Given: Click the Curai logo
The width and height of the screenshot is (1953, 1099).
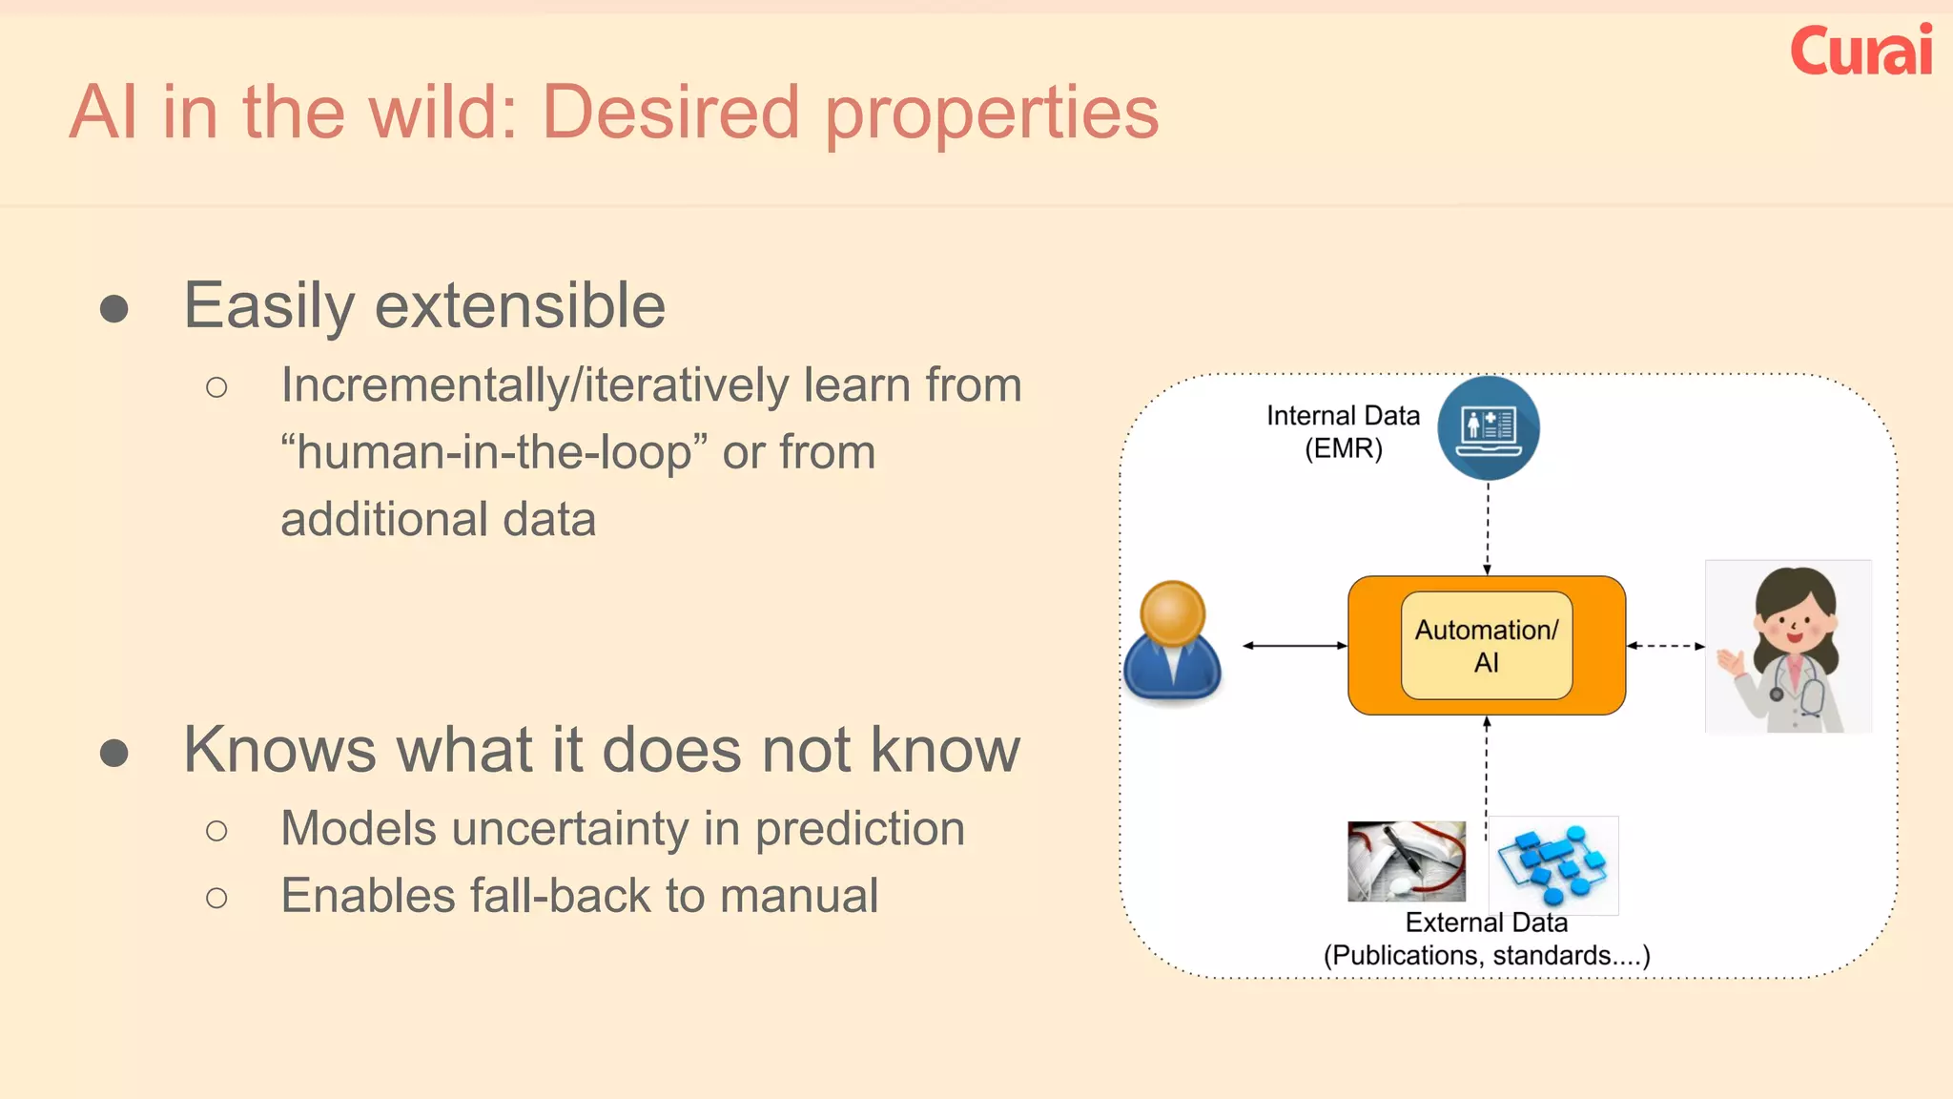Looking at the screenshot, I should pyautogui.click(x=1860, y=52).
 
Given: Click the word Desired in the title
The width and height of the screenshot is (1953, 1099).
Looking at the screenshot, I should pyautogui.click(x=670, y=113).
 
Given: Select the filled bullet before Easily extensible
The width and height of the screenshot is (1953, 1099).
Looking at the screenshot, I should pyautogui.click(x=114, y=308).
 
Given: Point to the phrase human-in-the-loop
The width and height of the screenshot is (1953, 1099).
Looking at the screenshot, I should pyautogui.click(x=495, y=452).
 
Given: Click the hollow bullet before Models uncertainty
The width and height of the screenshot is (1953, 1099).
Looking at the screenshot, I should pyautogui.click(x=216, y=831).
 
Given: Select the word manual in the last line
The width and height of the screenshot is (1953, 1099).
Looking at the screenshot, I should pyautogui.click(x=798, y=896).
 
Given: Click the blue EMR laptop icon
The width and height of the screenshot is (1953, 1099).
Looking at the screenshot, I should pyautogui.click(x=1488, y=427).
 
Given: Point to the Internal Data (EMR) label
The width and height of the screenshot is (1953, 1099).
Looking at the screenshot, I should pyautogui.click(x=1343, y=431).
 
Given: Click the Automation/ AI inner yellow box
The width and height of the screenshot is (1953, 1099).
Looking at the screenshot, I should pyautogui.click(x=1486, y=646).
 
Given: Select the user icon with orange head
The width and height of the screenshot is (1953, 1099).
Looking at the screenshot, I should pyautogui.click(x=1172, y=642).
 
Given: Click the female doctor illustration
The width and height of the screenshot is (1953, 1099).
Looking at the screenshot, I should pyautogui.click(x=1788, y=647).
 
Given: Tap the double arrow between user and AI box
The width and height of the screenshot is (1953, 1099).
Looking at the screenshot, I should pyautogui.click(x=1294, y=646).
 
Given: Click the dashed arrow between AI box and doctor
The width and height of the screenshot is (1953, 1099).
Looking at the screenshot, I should pyautogui.click(x=1665, y=646).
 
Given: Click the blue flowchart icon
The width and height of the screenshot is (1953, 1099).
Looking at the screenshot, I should pyautogui.click(x=1553, y=864).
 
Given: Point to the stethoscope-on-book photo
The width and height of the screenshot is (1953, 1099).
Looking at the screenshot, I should pyautogui.click(x=1406, y=861).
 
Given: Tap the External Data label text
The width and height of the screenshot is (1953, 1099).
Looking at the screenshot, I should pyautogui.click(x=1486, y=923).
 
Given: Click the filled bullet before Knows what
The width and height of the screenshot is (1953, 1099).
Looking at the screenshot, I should pyautogui.click(x=114, y=753).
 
